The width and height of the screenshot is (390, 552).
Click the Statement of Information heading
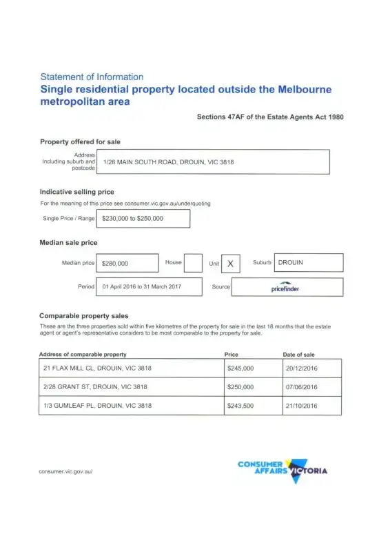click(x=92, y=77)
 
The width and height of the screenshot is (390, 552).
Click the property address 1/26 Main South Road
click(x=168, y=162)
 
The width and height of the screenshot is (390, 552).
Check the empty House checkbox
click(x=193, y=263)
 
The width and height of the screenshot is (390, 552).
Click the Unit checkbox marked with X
click(x=230, y=264)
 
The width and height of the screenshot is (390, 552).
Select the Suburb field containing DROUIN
click(x=308, y=263)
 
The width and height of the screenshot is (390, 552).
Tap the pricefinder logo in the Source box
click(x=285, y=287)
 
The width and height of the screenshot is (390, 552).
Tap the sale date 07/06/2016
click(x=301, y=387)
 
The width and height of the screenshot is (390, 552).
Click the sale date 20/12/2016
click(x=301, y=368)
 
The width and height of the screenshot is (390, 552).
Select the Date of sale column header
click(x=299, y=354)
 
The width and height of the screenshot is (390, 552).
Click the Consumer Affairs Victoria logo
click(x=283, y=469)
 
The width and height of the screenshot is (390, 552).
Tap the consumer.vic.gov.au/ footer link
click(x=66, y=471)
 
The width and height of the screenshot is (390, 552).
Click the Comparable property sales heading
click(x=83, y=315)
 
